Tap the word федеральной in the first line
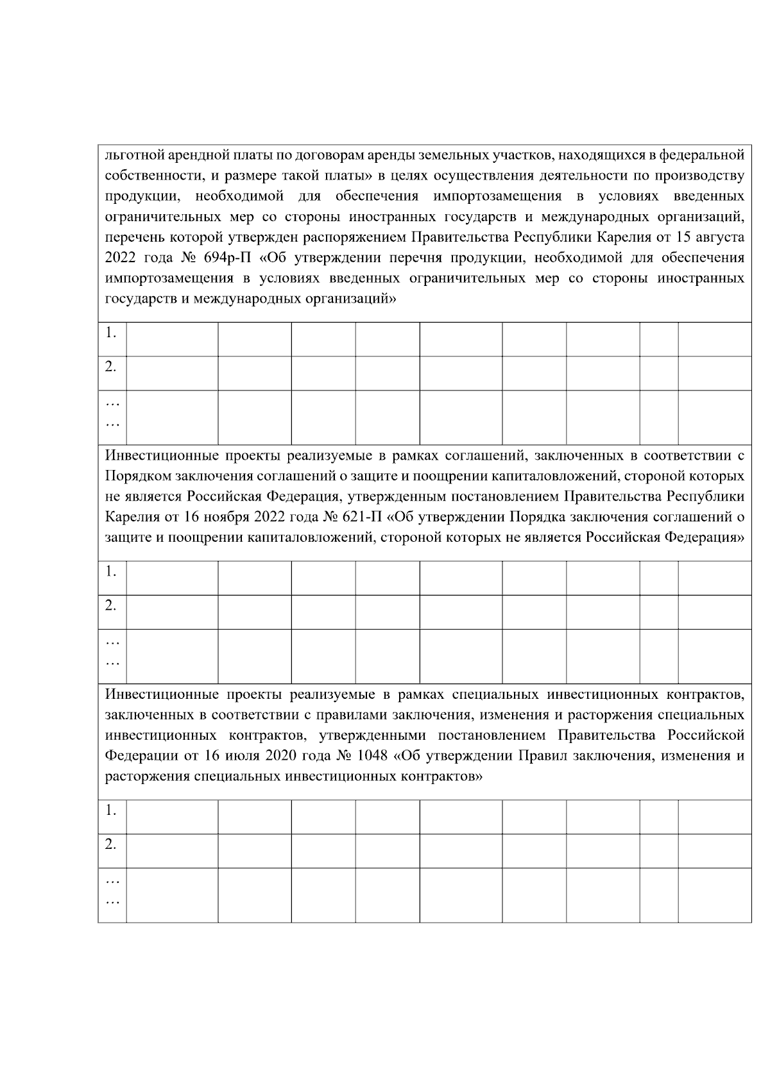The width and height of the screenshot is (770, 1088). point(703,155)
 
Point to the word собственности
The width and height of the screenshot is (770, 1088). point(152,176)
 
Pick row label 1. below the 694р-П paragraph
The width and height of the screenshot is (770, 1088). point(111,333)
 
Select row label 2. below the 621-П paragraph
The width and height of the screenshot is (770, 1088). point(111,605)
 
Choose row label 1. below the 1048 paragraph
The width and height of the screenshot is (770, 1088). point(111,810)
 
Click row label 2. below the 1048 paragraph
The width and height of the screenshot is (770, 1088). point(111,844)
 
